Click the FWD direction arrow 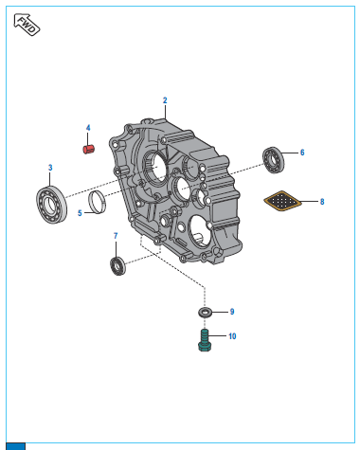(x=27, y=25)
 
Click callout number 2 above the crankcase (x=165, y=100)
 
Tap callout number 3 (x=50, y=168)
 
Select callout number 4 (x=88, y=128)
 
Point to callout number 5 (x=80, y=213)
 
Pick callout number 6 (x=302, y=153)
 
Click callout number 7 (x=116, y=236)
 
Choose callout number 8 (x=322, y=202)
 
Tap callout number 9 (x=232, y=312)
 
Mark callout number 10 (x=232, y=336)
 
